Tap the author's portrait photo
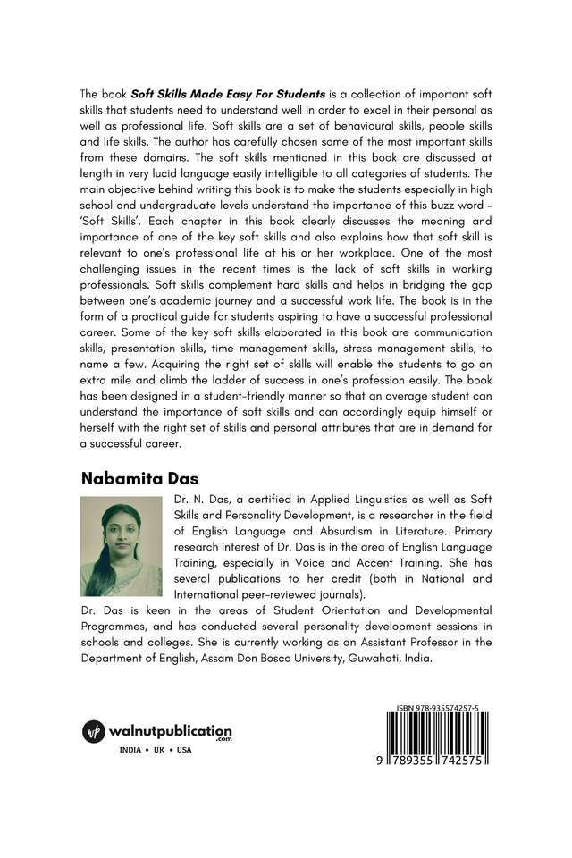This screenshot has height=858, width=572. (121, 547)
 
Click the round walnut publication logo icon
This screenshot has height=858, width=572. (94, 730)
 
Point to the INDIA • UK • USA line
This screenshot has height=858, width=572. (155, 749)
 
